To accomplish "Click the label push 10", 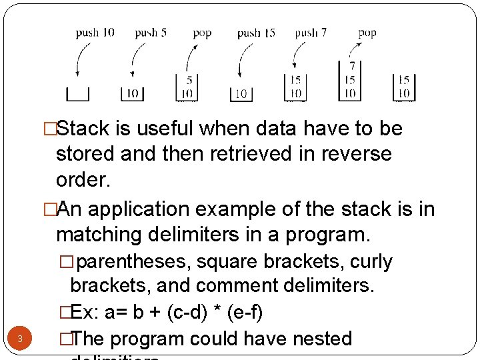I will point(95,32).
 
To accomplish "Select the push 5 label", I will point(150,32).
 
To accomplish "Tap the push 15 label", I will point(256,32).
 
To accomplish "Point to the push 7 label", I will point(311,32).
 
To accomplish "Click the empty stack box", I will point(78,94).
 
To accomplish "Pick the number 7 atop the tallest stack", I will point(351,67).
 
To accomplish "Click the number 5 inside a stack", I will point(189,80).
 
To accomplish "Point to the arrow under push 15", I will point(243,64).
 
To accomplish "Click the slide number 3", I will point(20,339).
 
